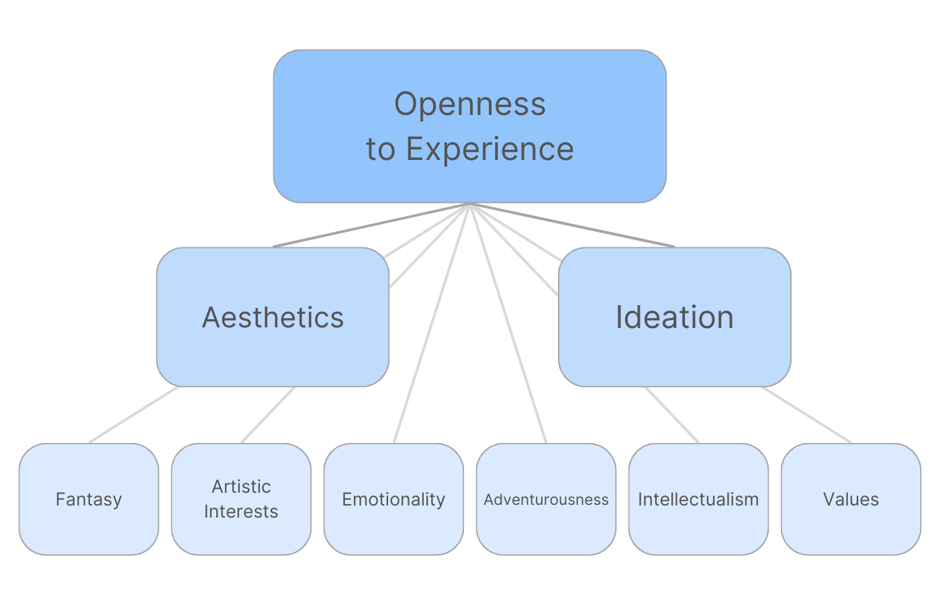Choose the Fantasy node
click(x=89, y=499)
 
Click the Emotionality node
click(x=393, y=499)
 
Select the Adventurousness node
click(x=546, y=499)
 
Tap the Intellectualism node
click(x=698, y=499)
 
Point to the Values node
click(x=851, y=499)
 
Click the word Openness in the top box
click(x=470, y=104)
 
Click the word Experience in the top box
click(x=489, y=149)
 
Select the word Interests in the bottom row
click(x=241, y=512)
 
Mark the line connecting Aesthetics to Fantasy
click(x=134, y=414)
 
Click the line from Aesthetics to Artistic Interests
click(x=269, y=414)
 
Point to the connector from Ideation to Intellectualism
click(x=671, y=414)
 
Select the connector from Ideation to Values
click(x=806, y=414)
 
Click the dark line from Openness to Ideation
click(x=572, y=225)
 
